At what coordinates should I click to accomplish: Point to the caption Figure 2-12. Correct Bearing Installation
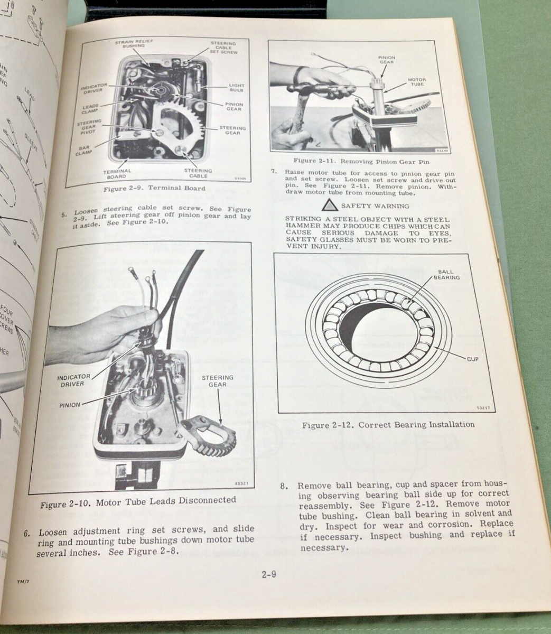388,424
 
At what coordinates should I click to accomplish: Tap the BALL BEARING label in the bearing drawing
447,274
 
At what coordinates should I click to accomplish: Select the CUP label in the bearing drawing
472,359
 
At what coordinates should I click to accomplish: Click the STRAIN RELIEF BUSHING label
130,43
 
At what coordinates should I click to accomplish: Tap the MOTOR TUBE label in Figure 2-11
416,82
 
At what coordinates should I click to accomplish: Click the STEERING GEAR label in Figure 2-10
217,381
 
